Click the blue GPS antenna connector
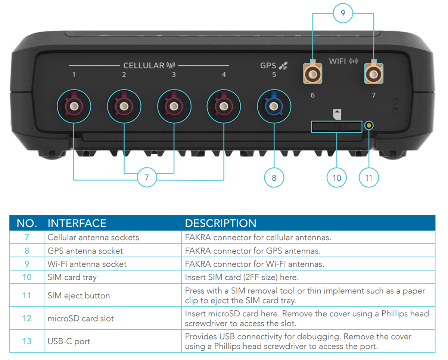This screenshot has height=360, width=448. point(274,107)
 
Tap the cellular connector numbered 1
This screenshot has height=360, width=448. point(74,107)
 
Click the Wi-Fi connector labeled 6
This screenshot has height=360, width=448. point(312,74)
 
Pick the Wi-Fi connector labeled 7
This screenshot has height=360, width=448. point(373,74)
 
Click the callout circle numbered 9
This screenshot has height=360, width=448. point(343,13)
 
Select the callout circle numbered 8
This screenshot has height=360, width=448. point(274,177)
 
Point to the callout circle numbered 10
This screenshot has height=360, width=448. point(337,177)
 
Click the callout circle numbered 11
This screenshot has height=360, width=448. point(369,177)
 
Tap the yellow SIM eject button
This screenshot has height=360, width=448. point(369,125)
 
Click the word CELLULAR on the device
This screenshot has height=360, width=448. point(144,66)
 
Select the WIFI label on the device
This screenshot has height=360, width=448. point(337,61)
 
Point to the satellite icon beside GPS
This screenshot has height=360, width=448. point(284,66)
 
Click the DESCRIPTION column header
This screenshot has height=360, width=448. point(221,223)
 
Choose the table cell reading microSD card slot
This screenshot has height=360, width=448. point(81,319)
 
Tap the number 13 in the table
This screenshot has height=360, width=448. point(27,341)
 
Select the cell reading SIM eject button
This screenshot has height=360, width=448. point(79,296)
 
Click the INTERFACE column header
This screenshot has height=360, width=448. point(77,223)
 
